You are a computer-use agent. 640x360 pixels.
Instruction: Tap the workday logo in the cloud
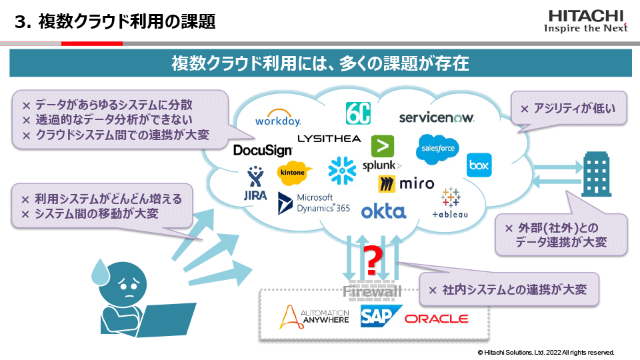(x=278, y=120)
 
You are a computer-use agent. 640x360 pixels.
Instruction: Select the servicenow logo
(x=436, y=117)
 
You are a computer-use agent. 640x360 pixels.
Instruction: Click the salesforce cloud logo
(x=437, y=149)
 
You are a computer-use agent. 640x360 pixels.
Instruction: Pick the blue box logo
(x=479, y=165)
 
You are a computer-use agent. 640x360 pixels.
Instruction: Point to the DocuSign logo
(x=263, y=151)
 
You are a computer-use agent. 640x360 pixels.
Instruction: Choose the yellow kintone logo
(x=295, y=173)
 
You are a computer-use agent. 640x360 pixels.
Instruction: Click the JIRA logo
(x=255, y=185)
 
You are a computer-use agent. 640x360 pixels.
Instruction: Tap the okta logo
(x=383, y=211)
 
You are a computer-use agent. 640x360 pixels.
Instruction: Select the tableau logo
(x=451, y=203)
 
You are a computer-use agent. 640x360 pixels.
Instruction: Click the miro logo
(x=406, y=183)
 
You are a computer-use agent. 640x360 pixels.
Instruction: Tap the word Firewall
(x=373, y=292)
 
